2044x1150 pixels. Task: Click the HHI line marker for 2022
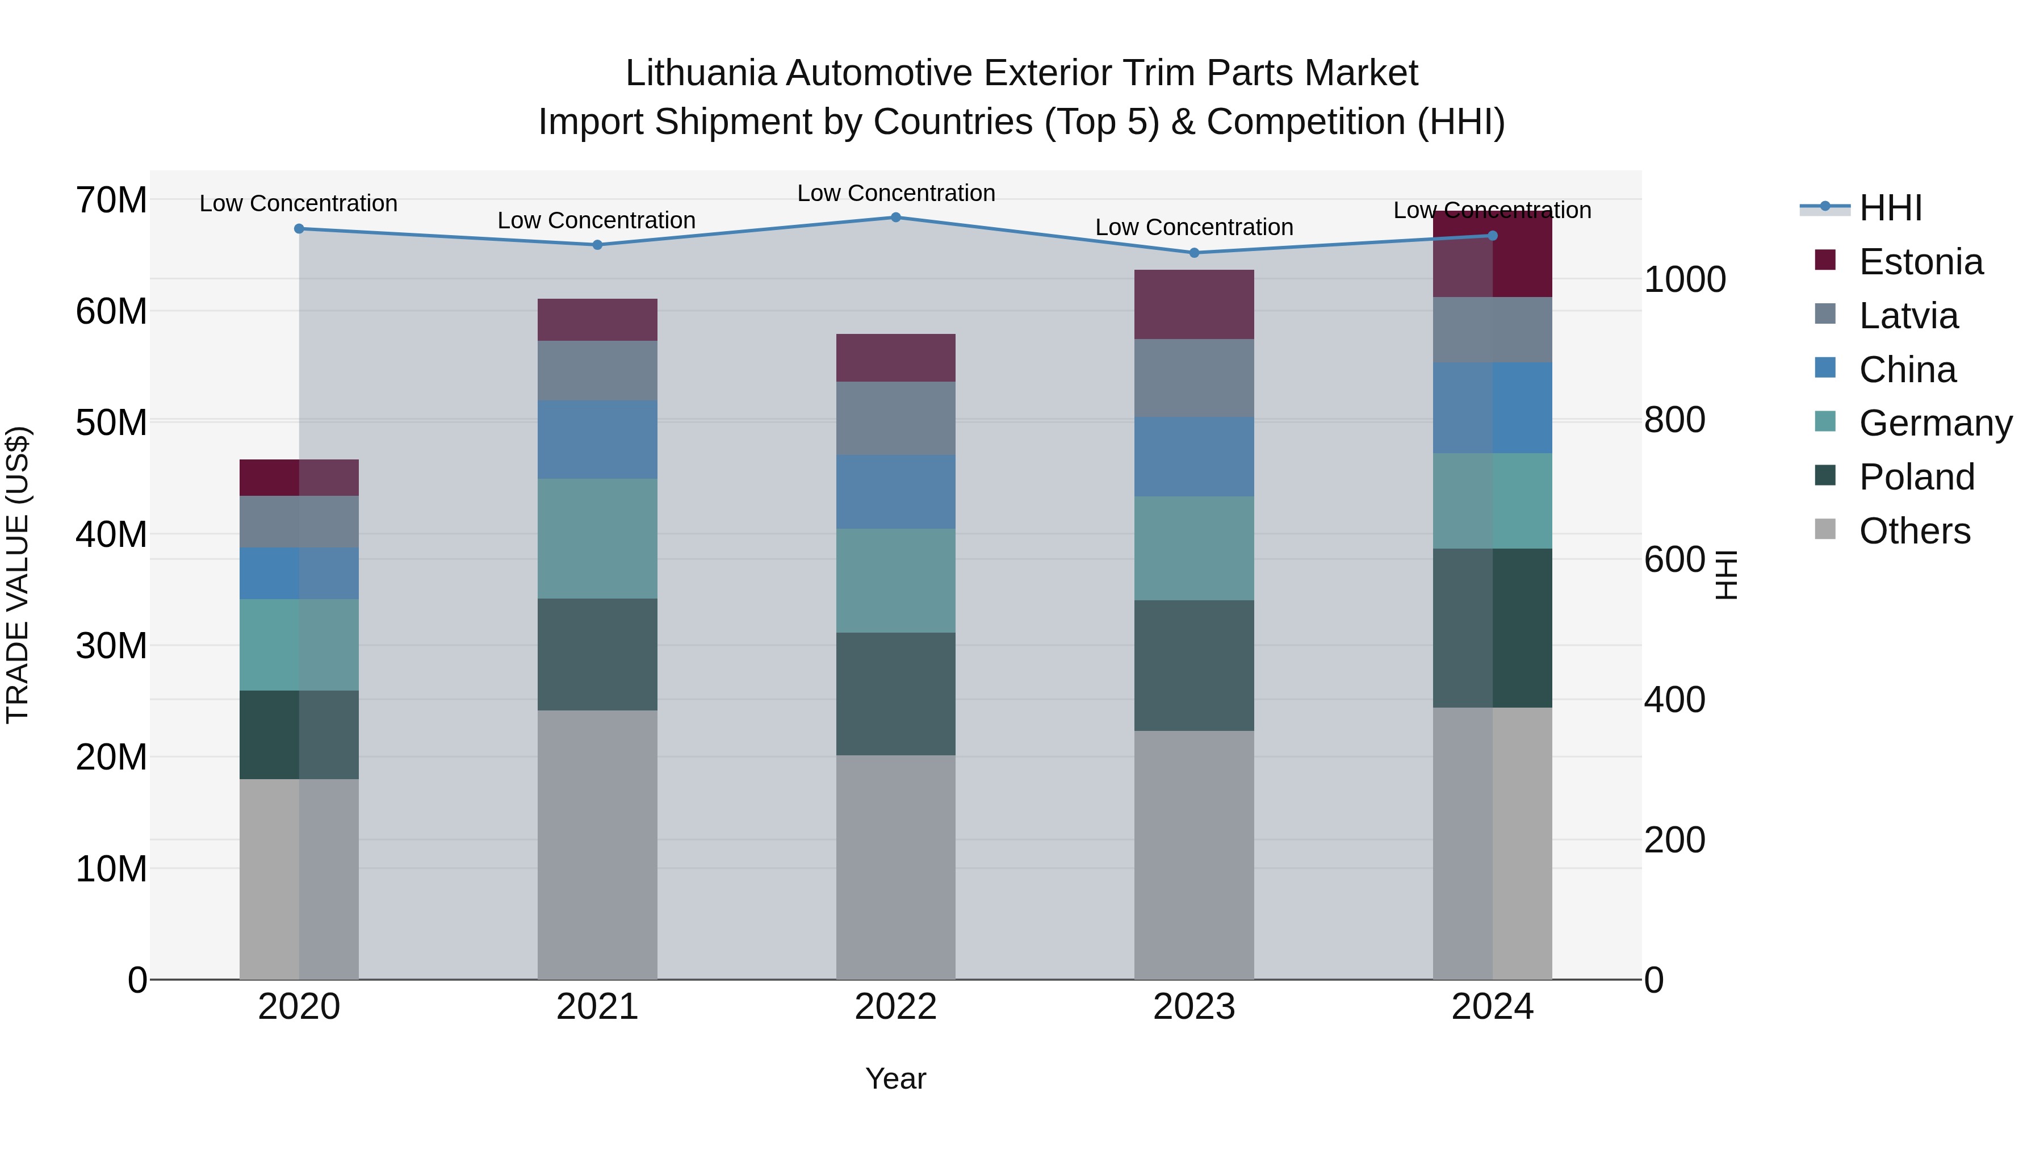click(x=896, y=218)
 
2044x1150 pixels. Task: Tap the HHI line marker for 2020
click(x=299, y=228)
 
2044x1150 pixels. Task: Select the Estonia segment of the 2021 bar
click(x=597, y=320)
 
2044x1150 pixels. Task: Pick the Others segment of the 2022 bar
click(x=896, y=867)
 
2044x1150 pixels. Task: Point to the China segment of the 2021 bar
click(x=597, y=440)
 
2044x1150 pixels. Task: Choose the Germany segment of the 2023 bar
click(x=1194, y=549)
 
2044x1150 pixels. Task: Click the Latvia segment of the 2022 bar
click(x=896, y=418)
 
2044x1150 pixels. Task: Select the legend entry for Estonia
click(x=1920, y=262)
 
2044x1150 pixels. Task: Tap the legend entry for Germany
click(x=1934, y=423)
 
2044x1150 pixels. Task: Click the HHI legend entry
click(x=1889, y=208)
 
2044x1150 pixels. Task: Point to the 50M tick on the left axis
click(x=111, y=422)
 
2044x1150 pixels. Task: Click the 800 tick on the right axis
click(x=1674, y=420)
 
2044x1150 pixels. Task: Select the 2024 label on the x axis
click(x=1492, y=1007)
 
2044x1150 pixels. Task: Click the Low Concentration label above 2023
click(x=1194, y=227)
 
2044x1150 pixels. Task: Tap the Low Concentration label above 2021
click(x=597, y=221)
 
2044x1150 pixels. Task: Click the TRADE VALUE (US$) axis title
click(x=18, y=575)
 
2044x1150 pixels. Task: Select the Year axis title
click(x=896, y=1078)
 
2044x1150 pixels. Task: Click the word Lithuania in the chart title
click(x=701, y=73)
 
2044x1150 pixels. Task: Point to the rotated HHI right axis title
click(x=1727, y=575)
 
